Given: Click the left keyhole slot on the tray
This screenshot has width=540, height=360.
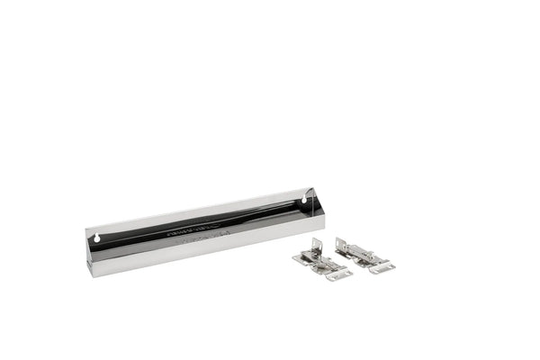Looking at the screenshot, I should tap(96, 238).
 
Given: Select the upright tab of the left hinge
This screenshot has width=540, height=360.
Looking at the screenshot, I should tap(315, 245).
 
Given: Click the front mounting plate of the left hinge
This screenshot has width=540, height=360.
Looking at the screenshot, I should tap(337, 274).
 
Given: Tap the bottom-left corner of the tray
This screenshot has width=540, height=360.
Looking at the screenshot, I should tap(90, 274).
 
